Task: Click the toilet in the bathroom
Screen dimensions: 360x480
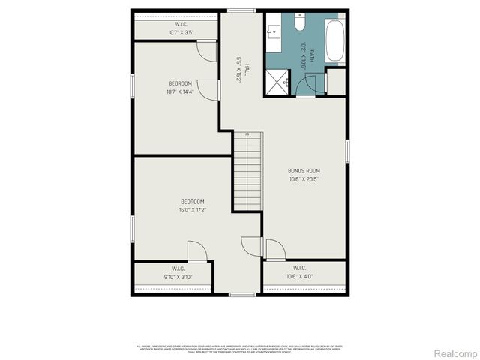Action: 299,23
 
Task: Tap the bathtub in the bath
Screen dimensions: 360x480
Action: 334,40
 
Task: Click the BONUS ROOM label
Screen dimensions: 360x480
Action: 304,171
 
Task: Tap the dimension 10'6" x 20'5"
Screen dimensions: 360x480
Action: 304,179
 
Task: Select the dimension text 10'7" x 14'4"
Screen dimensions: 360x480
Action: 180,91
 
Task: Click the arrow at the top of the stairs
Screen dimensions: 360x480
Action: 247,136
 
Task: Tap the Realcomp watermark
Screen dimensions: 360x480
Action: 455,352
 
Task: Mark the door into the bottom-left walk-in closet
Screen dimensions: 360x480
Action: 196,252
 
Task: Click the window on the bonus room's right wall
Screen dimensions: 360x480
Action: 347,151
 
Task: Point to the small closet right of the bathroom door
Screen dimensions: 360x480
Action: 336,81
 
